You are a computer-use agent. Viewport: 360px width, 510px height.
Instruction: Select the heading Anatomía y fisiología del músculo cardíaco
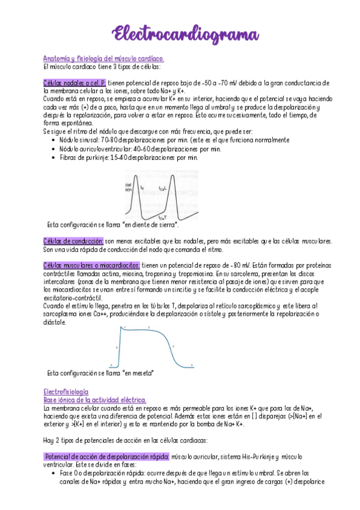(103, 58)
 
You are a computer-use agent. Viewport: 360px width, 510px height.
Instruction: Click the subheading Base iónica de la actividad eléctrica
(95, 399)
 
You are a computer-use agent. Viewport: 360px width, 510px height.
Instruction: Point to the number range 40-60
(149, 149)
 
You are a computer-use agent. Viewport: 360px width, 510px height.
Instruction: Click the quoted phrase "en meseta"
(138, 373)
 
